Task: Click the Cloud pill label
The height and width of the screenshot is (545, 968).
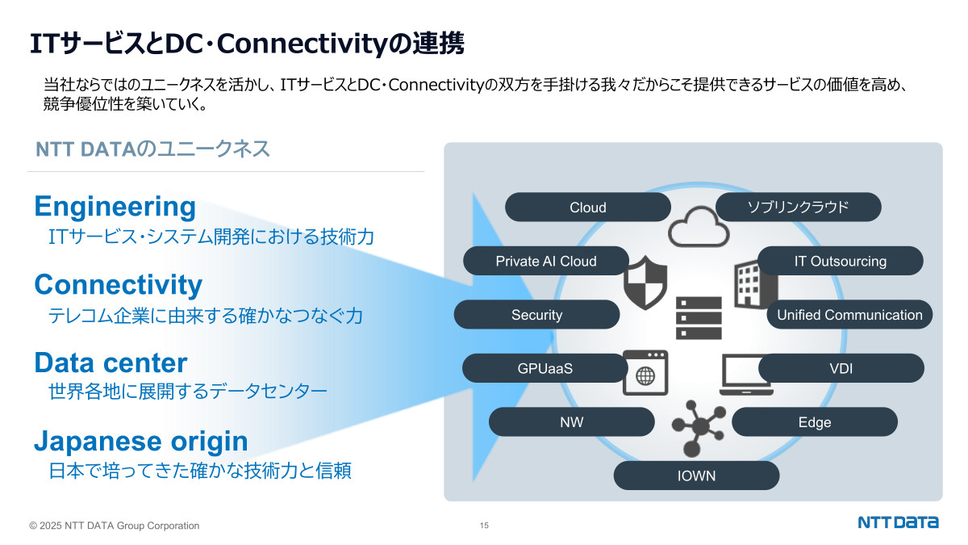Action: (587, 208)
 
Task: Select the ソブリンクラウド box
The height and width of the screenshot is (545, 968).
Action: (798, 208)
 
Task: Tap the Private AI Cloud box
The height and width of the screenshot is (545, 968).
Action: (545, 261)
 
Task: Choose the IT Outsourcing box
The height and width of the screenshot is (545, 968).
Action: (840, 261)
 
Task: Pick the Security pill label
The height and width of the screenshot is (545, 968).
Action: (536, 315)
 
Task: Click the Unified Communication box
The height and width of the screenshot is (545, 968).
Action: (849, 315)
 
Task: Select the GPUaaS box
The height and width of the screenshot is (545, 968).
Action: (544, 368)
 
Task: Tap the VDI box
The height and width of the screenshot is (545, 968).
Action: (841, 368)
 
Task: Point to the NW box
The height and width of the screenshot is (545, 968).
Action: (571, 422)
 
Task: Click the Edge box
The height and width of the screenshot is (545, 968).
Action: (814, 422)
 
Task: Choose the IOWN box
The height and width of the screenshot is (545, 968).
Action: (696, 476)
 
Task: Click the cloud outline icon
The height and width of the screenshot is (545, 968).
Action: (698, 227)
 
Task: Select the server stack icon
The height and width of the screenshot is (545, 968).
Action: (699, 317)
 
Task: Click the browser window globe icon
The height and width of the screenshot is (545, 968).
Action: (645, 373)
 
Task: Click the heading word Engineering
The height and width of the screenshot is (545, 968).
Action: (115, 207)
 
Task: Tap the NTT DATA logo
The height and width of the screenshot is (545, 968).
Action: (898, 522)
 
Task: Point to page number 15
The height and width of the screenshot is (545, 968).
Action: (484, 526)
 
